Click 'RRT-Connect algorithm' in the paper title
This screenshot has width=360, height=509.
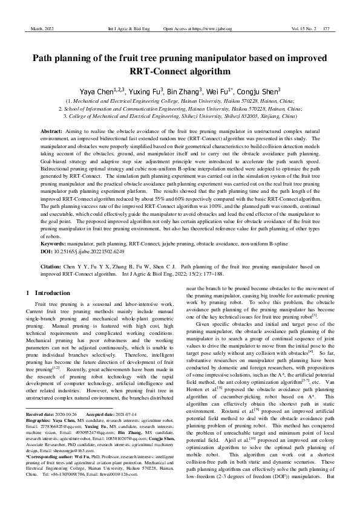tap(180, 71)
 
